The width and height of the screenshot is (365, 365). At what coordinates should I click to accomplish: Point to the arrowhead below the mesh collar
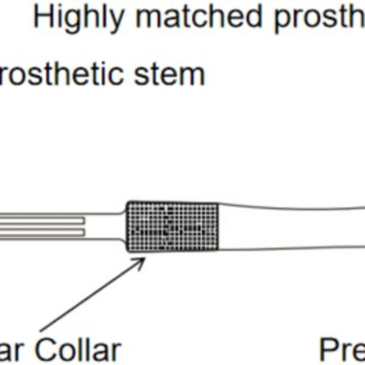tap(141, 260)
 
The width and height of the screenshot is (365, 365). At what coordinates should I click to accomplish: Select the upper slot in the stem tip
tap(41, 220)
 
